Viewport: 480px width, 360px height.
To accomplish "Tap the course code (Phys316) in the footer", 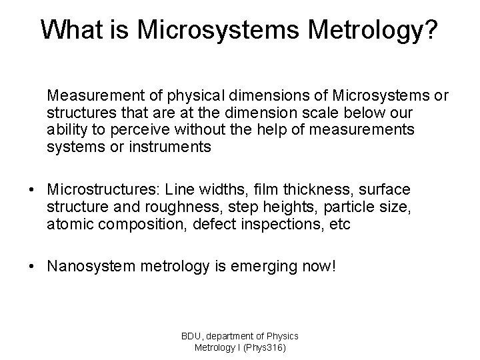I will point(264,347).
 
